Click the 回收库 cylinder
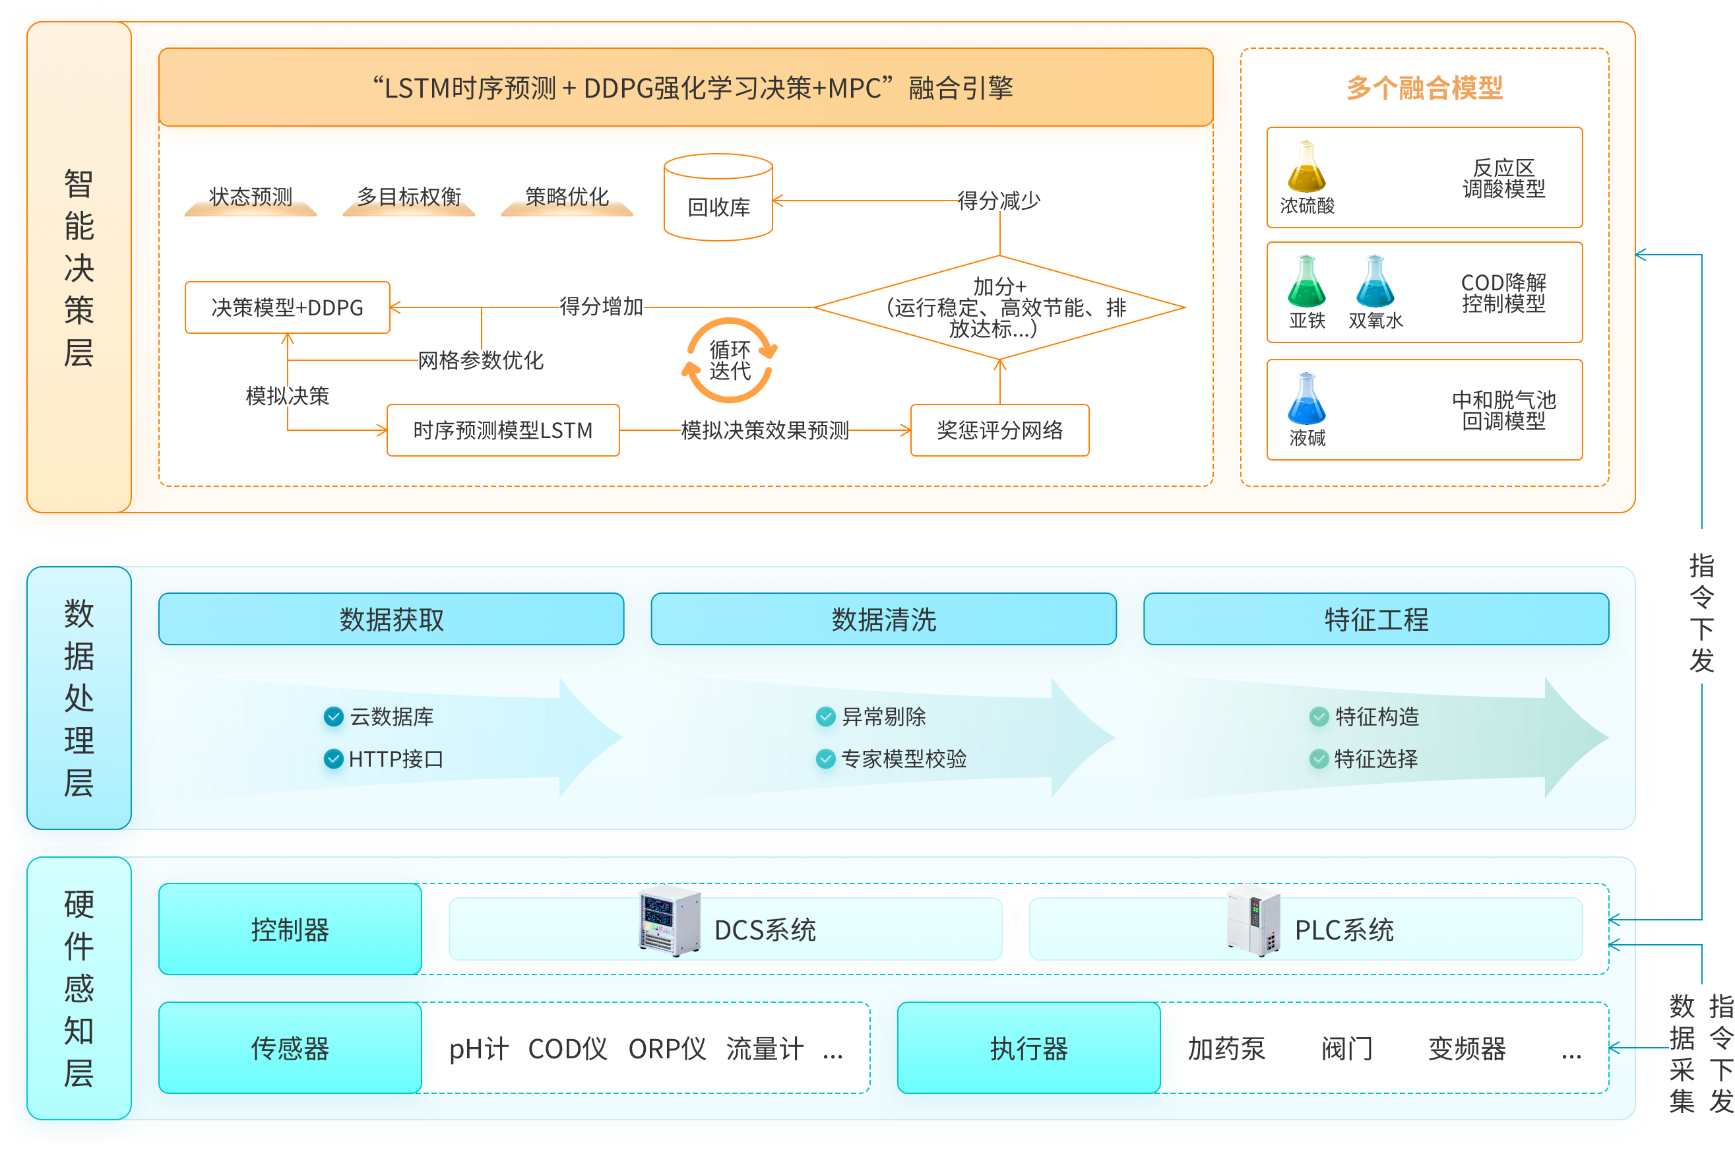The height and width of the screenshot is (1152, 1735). pos(718,198)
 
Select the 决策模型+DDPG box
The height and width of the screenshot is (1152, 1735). pos(287,307)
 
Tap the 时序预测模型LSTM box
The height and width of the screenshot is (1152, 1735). pos(503,430)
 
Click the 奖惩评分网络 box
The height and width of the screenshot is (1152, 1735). pos(999,430)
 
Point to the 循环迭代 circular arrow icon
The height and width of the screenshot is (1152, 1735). pos(730,360)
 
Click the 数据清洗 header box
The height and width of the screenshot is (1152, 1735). pos(883,620)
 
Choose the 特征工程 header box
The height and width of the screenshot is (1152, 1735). pos(1376,620)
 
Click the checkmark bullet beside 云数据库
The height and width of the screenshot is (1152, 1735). pos(334,717)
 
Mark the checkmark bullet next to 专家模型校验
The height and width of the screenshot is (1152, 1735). pos(826,758)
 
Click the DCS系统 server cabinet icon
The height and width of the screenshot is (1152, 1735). pos(668,921)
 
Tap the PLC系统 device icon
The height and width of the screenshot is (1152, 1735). pos(1253,921)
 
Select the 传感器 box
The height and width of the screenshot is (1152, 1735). pos(290,1048)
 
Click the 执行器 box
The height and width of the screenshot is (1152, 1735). pos(1028,1048)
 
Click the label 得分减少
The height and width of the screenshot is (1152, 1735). pos(999,200)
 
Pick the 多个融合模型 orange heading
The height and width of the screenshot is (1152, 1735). pos(1424,88)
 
